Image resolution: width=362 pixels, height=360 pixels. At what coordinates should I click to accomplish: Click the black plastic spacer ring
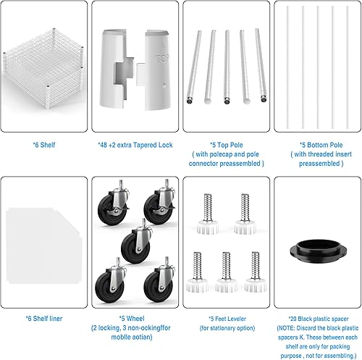point(316,257)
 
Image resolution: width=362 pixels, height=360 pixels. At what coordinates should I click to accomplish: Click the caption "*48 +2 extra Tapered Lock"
point(135,144)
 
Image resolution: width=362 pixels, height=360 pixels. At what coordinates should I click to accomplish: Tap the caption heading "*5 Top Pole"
point(227,144)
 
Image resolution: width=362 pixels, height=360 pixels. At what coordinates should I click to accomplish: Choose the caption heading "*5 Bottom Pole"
point(316,144)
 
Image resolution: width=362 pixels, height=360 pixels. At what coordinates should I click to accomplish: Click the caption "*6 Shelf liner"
point(45,317)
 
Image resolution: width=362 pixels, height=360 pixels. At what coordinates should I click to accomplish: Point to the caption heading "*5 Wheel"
point(135,317)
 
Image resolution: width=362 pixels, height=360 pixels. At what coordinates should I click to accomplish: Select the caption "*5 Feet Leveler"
point(227,317)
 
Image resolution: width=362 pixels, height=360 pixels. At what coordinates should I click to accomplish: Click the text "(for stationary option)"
point(227,327)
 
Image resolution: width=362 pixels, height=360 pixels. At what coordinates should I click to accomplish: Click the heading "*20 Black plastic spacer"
point(316,317)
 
